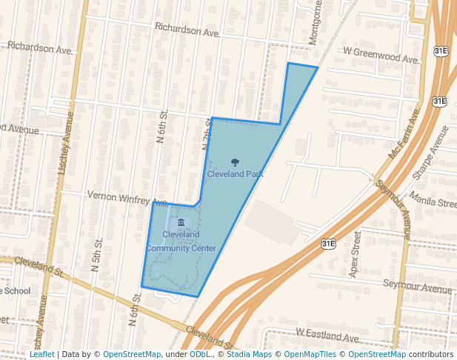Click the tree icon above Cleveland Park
[235, 162]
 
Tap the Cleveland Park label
[235, 174]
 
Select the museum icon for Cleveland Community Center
[181, 222]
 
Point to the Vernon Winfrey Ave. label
[127, 198]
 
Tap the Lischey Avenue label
[65, 144]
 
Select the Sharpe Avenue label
[430, 153]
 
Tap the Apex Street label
[356, 249]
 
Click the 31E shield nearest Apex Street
[328, 243]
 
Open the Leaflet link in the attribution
[42, 354]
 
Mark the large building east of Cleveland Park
[273, 221]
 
